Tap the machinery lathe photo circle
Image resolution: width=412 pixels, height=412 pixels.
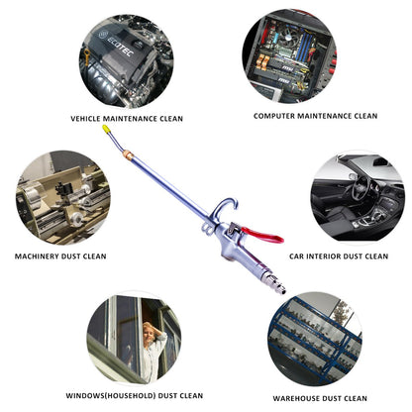62,196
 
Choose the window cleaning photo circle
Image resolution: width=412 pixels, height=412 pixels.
133,338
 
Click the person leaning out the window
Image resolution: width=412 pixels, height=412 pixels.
150,344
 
